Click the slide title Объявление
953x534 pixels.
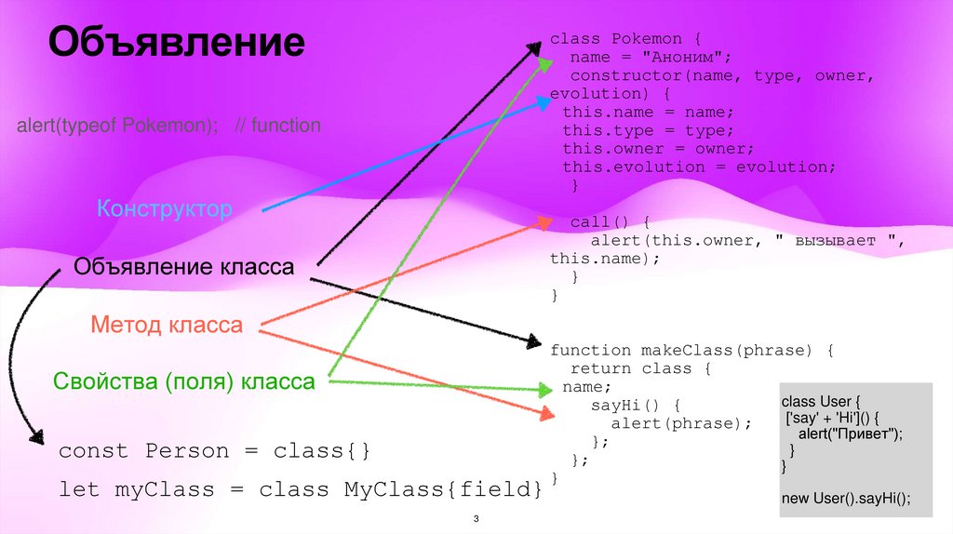pyautogui.click(x=177, y=43)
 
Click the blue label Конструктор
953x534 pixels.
pyautogui.click(x=165, y=207)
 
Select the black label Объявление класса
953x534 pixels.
pyautogui.click(x=183, y=268)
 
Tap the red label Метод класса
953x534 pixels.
pyautogui.click(x=167, y=325)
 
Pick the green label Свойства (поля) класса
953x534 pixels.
pyautogui.click(x=183, y=381)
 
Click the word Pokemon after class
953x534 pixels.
pyautogui.click(x=647, y=39)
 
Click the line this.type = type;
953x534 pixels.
pyautogui.click(x=648, y=130)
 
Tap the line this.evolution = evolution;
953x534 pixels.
pyautogui.click(x=699, y=167)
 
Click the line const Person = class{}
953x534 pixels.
pyautogui.click(x=215, y=451)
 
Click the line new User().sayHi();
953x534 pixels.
pyautogui.click(x=844, y=499)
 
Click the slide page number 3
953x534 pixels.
pyautogui.click(x=476, y=519)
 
